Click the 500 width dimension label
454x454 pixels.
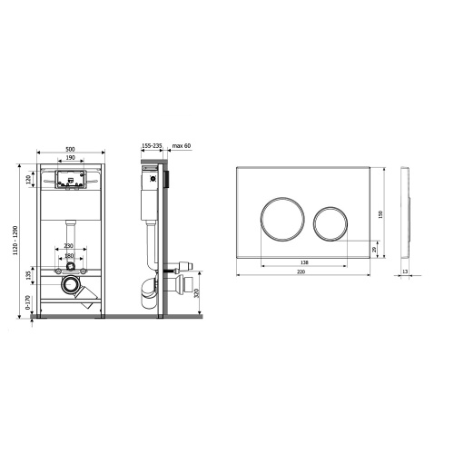(70, 149)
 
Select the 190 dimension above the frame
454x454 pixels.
(70, 158)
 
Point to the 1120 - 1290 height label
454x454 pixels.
(16, 241)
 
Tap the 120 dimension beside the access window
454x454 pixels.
(29, 180)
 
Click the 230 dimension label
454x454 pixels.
(69, 246)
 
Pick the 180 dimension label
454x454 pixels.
(69, 256)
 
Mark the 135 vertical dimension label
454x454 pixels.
(29, 275)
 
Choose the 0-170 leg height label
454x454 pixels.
(28, 302)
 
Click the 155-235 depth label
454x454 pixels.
(152, 146)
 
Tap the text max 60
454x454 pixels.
(182, 146)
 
